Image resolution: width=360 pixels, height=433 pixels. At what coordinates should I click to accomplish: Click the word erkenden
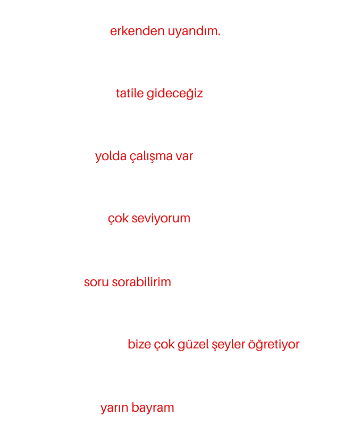click(137, 30)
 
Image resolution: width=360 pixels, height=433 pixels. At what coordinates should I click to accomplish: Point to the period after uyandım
click(219, 35)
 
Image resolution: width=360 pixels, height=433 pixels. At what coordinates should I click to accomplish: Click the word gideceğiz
click(175, 94)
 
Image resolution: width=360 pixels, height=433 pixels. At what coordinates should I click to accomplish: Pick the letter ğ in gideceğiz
click(187, 95)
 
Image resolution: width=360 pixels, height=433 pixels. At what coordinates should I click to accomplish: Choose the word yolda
click(111, 156)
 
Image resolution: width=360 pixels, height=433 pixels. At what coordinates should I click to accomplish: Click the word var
click(185, 156)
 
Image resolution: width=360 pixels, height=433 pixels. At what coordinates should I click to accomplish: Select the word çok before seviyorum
click(118, 219)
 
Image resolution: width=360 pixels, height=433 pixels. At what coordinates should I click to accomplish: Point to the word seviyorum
click(161, 219)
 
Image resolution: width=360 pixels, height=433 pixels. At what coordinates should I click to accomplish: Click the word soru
click(96, 282)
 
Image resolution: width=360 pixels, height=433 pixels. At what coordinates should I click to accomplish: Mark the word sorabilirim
click(141, 282)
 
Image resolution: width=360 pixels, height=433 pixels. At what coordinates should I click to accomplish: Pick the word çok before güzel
click(164, 345)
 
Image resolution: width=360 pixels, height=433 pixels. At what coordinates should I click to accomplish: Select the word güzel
click(193, 345)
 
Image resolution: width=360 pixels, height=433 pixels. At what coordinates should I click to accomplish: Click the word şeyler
click(228, 345)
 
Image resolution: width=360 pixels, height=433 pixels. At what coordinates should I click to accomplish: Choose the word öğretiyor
click(274, 345)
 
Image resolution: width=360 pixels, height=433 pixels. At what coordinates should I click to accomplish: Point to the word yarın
click(114, 409)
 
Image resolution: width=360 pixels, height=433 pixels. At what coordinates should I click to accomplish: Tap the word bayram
click(153, 408)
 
